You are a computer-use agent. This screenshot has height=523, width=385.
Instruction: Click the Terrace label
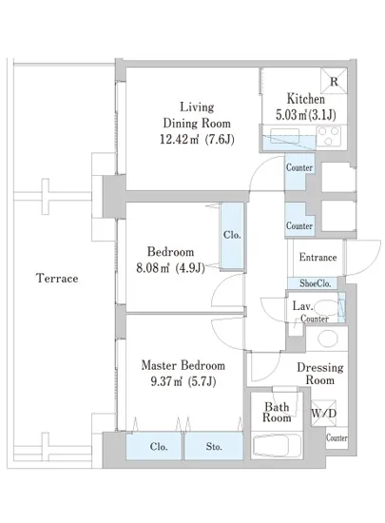[x=57, y=278]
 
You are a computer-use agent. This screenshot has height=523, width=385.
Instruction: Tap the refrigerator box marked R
[x=334, y=81]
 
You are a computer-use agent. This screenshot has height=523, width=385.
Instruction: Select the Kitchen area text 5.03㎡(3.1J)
[x=306, y=115]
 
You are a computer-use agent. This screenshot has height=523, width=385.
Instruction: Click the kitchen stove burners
[x=329, y=136]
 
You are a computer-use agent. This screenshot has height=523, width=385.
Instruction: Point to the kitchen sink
[x=284, y=136]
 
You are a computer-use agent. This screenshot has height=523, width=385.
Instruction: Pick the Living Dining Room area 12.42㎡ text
[x=180, y=139]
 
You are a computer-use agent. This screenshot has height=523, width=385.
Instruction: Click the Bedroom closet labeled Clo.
[x=232, y=236]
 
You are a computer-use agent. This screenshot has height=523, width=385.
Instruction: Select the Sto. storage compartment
[x=214, y=446]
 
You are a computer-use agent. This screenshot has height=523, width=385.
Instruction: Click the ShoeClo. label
[x=315, y=283]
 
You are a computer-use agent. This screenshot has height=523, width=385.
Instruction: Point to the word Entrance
[x=318, y=257]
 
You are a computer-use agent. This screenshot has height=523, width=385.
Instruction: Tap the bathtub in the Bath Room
[x=277, y=445]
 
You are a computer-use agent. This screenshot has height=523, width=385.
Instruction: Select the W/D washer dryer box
[x=323, y=414]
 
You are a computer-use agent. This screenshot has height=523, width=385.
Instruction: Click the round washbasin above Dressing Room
[x=328, y=339]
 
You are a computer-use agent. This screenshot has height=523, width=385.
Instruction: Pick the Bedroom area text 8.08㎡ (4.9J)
[x=170, y=267]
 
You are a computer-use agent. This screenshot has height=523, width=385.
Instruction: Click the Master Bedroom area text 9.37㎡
[x=166, y=381]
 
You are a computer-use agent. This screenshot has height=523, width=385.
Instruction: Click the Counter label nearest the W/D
[x=337, y=437]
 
